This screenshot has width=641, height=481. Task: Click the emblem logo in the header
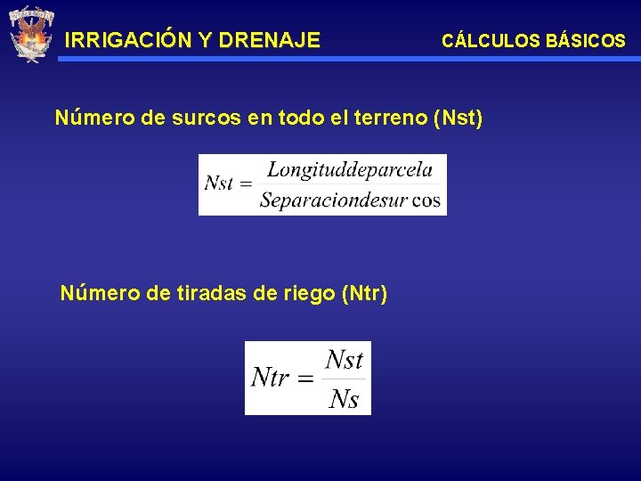[31, 34]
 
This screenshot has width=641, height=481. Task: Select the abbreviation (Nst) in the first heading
[457, 118]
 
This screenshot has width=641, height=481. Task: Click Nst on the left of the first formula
[218, 183]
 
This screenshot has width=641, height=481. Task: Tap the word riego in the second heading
[307, 293]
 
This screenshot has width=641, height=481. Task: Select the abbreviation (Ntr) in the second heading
[364, 293]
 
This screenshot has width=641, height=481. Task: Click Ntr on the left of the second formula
[270, 378]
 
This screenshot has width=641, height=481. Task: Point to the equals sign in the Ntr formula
[304, 379]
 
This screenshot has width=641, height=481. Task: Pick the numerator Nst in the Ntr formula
[344, 360]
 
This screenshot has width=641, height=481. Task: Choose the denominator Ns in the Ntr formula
[344, 399]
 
